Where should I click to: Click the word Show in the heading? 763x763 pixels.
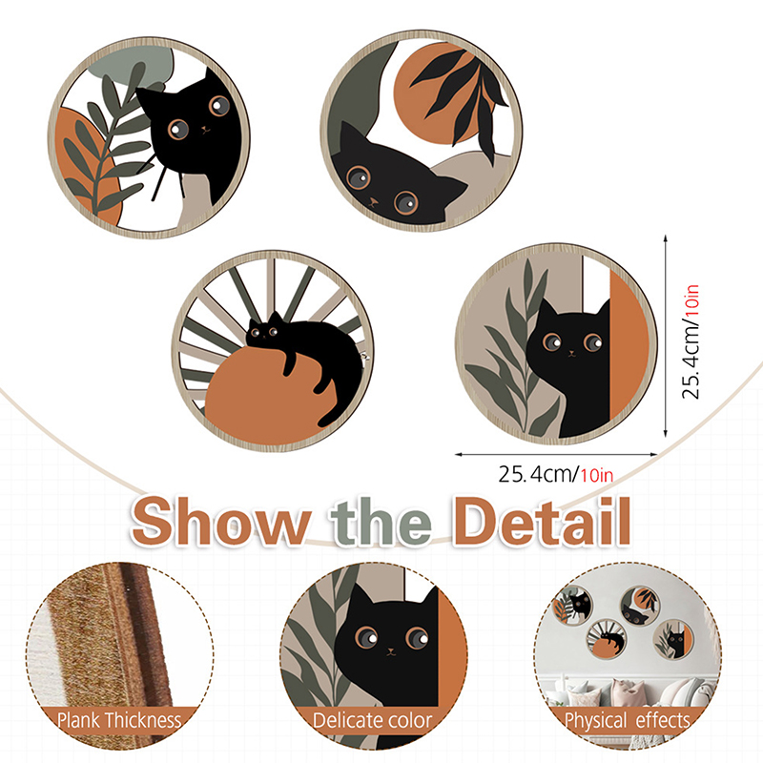tap(221, 521)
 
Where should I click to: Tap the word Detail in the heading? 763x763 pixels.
tap(542, 520)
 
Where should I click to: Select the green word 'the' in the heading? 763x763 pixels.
tap(381, 521)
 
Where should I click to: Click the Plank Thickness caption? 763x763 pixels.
tap(118, 720)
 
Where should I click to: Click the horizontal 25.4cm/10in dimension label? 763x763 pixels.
tap(556, 474)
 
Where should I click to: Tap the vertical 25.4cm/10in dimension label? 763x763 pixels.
tap(691, 341)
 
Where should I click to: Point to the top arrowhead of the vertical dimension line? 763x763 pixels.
tap(665, 238)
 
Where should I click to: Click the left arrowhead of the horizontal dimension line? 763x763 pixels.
tap(459, 455)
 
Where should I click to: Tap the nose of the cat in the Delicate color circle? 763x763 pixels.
tap(391, 650)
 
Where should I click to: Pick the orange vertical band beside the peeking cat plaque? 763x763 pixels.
tap(629, 344)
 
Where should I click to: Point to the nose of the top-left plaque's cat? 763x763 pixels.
tap(205, 129)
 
